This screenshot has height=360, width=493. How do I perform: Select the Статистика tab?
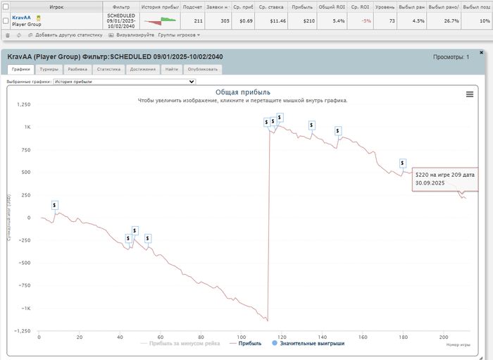click(108, 70)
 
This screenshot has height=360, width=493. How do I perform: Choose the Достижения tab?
click(143, 70)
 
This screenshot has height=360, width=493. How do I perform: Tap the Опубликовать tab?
click(203, 70)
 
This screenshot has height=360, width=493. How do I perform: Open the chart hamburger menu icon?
click(470, 94)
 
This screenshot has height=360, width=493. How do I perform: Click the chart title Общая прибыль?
click(242, 92)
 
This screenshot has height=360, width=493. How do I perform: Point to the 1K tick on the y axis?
click(27, 128)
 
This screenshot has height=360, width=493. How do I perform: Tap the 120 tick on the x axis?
click(282, 337)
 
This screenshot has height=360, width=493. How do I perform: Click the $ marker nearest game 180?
click(402, 163)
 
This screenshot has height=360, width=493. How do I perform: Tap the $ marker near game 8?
click(55, 205)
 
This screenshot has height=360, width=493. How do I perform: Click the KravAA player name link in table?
click(22, 18)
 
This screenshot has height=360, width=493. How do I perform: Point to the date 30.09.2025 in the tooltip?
click(430, 182)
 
